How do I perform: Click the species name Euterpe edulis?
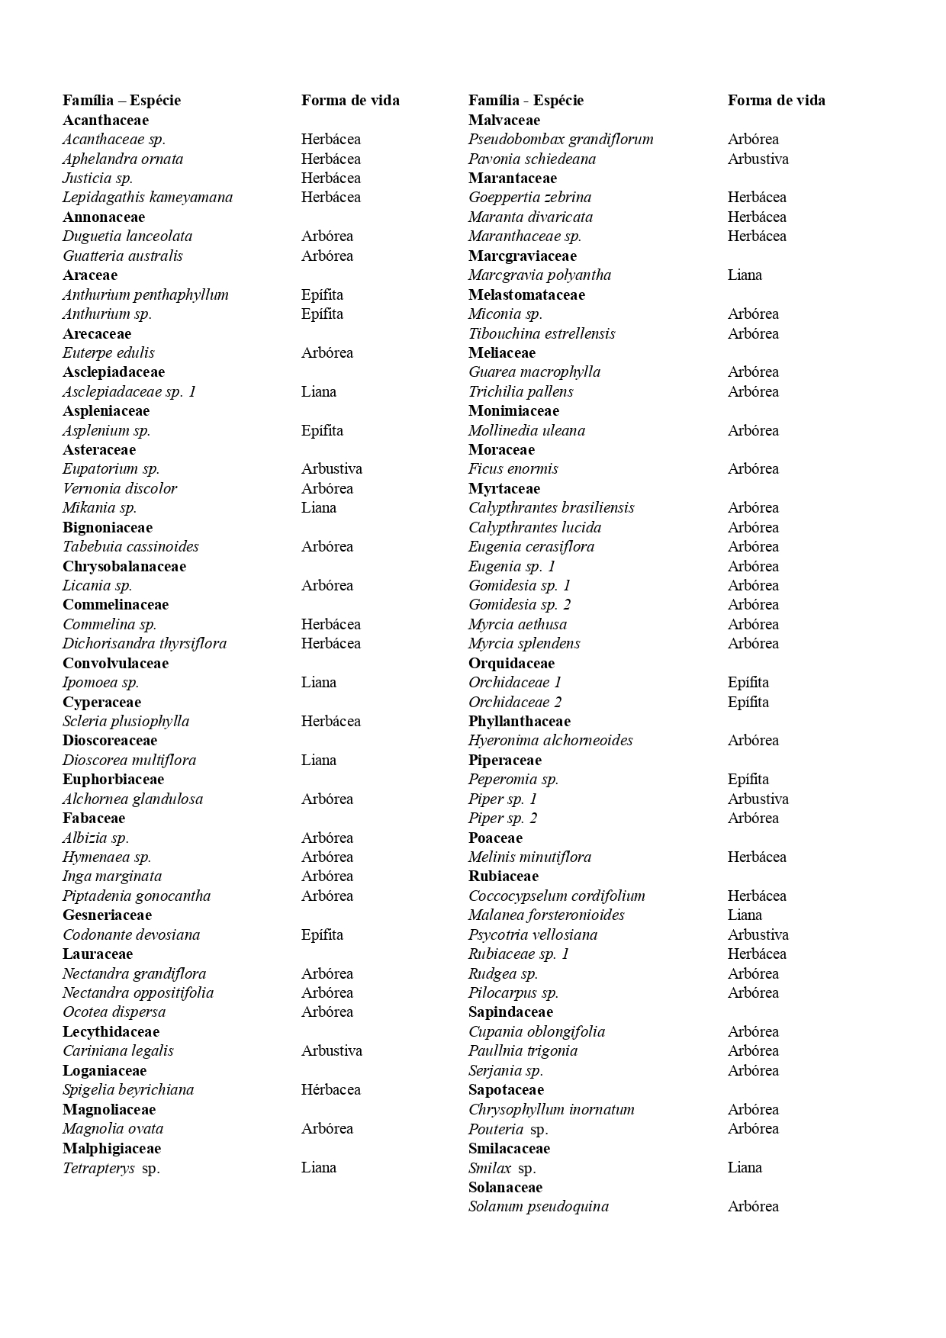click(x=108, y=352)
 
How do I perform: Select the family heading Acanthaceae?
click(x=105, y=120)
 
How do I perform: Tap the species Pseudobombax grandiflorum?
click(x=561, y=139)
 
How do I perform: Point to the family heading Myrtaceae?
click(x=504, y=488)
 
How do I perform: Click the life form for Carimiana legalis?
click(x=331, y=1050)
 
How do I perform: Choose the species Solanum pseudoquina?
click(x=538, y=1206)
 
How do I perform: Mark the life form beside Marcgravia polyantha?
click(x=744, y=275)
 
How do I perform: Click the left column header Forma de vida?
click(x=350, y=100)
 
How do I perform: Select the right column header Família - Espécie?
click(x=526, y=100)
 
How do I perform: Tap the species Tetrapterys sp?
click(x=111, y=1167)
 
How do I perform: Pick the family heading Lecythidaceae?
click(x=111, y=1031)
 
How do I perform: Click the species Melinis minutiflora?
click(x=529, y=857)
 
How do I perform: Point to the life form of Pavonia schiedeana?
click(x=758, y=159)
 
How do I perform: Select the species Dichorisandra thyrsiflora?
click(x=144, y=643)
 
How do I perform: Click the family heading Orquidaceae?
click(x=511, y=663)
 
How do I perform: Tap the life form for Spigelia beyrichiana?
click(x=330, y=1089)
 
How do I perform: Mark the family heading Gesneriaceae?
click(x=107, y=915)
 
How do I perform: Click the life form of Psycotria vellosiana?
click(x=758, y=934)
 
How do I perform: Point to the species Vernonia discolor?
click(x=120, y=488)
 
